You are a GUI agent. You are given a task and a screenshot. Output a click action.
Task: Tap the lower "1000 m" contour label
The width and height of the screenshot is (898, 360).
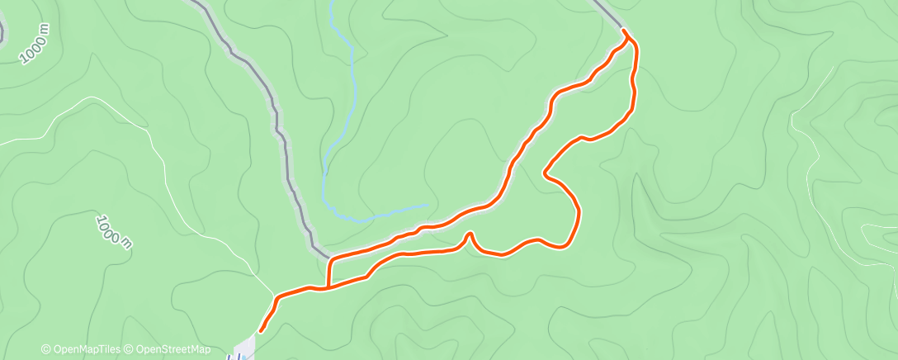(x=113, y=232)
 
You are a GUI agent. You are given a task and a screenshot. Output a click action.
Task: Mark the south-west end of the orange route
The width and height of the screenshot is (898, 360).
(x=262, y=331)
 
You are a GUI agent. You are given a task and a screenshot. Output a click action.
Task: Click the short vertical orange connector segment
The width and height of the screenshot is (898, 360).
(x=329, y=273)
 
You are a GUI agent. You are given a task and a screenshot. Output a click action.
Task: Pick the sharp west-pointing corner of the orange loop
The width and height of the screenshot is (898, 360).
(x=545, y=173)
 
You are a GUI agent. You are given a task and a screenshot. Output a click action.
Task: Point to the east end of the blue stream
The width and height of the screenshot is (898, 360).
(x=428, y=204)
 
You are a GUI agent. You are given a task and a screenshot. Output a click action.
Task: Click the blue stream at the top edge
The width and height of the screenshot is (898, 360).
(x=333, y=3)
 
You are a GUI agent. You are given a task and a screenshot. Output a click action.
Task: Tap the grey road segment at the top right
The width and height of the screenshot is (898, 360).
(x=607, y=13)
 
